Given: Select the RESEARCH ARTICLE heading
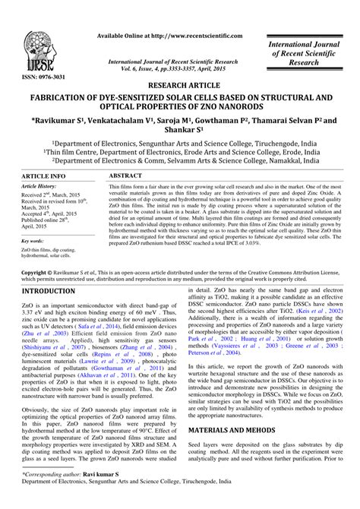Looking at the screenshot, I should click(x=179, y=86).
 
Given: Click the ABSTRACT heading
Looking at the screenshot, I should click(x=126, y=175).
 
